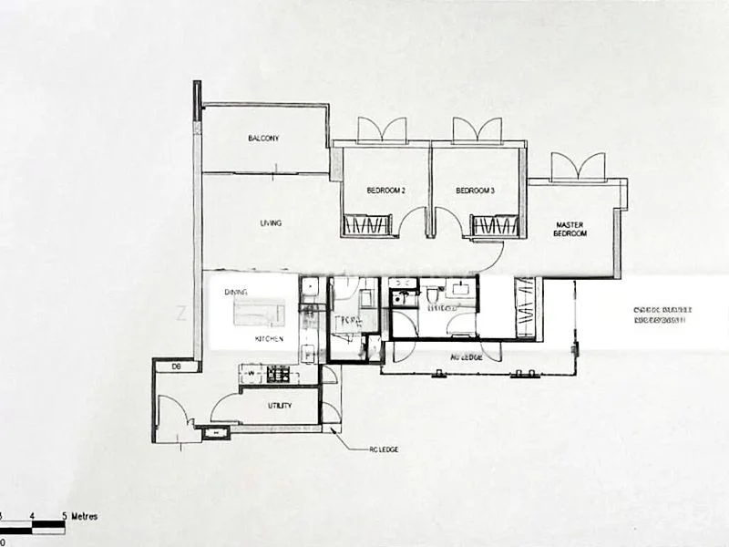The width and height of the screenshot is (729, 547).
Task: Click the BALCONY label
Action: click(x=263, y=139)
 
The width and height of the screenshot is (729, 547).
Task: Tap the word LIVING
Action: click(x=271, y=222)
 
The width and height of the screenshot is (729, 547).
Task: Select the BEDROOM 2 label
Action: click(x=385, y=191)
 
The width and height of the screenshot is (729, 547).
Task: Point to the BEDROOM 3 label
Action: click(x=475, y=191)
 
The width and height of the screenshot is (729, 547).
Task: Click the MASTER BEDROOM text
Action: click(x=570, y=230)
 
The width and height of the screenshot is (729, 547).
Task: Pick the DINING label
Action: click(x=236, y=292)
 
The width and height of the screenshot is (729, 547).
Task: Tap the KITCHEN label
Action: click(x=269, y=339)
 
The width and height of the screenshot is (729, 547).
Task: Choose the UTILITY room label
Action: click(x=280, y=406)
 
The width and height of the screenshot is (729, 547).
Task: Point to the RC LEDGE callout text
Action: click(x=383, y=450)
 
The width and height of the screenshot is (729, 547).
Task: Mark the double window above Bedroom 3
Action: click(x=477, y=130)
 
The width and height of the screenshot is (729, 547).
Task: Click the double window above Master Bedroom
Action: click(x=578, y=167)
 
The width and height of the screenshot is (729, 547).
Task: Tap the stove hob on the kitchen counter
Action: click(x=278, y=373)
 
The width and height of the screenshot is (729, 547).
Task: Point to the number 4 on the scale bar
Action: click(x=32, y=517)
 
